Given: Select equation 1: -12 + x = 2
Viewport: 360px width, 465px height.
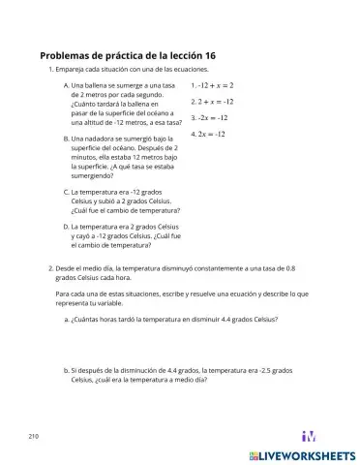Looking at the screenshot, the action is pos(212,85).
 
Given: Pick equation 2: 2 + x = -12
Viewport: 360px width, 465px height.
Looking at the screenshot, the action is pos(210,101).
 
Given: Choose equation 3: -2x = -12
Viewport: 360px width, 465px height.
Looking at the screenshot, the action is pos(209,117).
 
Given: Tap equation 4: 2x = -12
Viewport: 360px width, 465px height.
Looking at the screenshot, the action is pos(208,133).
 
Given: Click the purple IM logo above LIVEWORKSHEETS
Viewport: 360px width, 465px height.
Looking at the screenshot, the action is pos(310,436).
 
